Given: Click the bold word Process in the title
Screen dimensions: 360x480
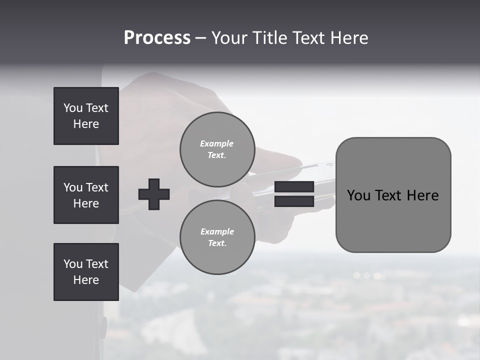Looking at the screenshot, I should (x=157, y=38).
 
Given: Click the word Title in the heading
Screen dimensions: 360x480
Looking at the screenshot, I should (x=269, y=38).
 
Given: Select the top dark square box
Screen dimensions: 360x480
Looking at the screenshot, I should (x=86, y=116).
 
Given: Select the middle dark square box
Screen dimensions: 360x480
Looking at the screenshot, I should (x=86, y=195).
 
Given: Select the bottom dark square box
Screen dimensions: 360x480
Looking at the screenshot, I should (x=86, y=272).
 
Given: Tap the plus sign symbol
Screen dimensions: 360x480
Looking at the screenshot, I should (x=154, y=194).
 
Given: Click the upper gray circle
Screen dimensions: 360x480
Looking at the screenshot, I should (x=217, y=149).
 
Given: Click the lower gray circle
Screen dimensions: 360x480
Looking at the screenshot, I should (x=217, y=237).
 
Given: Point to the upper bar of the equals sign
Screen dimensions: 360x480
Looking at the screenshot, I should (x=294, y=187).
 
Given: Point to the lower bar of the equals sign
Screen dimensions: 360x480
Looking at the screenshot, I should (x=294, y=201).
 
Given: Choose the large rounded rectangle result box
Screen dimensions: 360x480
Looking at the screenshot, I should (x=393, y=195).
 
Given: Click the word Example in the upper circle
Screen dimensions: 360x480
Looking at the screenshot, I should (x=216, y=143).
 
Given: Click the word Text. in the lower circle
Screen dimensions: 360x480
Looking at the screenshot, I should (x=217, y=243).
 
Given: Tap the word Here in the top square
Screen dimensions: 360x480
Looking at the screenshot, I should (x=86, y=124).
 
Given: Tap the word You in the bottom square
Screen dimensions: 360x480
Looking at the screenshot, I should (x=73, y=264).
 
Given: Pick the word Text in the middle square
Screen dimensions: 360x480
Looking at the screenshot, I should (x=97, y=187).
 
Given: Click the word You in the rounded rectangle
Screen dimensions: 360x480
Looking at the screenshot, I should (x=358, y=195).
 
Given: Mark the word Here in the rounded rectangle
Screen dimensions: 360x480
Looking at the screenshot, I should (x=422, y=195).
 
